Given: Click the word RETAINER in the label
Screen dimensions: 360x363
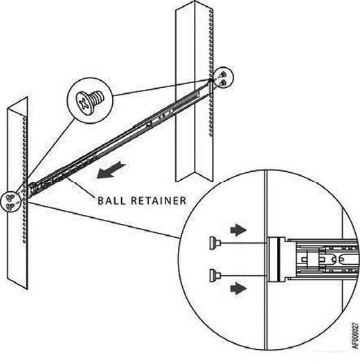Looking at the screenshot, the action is point(159,201).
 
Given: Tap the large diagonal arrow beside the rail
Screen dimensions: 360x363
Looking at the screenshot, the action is point(111,171).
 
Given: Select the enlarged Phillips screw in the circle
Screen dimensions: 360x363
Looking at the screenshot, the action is point(90,102).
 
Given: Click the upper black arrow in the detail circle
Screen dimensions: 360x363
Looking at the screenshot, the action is point(238,230).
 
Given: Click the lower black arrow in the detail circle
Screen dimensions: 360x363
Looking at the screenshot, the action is point(238,288).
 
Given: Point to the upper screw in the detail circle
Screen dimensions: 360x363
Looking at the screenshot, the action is point(215,243).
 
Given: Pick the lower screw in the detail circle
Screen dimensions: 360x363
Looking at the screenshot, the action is point(215,275).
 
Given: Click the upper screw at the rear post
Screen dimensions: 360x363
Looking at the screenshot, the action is point(222,75).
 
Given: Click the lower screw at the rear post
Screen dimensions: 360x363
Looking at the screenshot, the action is point(222,83).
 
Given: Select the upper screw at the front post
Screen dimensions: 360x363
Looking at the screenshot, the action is point(10,198).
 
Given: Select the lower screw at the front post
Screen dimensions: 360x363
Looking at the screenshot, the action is point(10,206).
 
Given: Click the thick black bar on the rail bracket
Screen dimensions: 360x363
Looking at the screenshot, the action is point(278,259).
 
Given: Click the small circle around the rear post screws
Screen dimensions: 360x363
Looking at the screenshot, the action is point(223,78).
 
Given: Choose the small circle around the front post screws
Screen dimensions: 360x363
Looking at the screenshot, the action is point(11,202).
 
